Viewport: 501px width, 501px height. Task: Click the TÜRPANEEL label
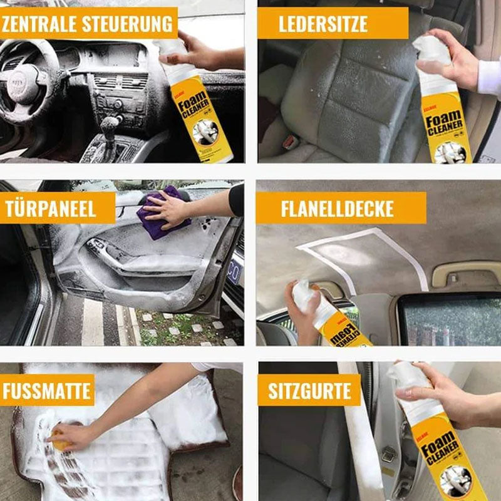coord(51,209)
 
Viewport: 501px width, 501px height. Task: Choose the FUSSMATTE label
coord(46,391)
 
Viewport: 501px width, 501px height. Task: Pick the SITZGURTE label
coord(309,392)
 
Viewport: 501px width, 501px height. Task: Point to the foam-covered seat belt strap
coord(363,438)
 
